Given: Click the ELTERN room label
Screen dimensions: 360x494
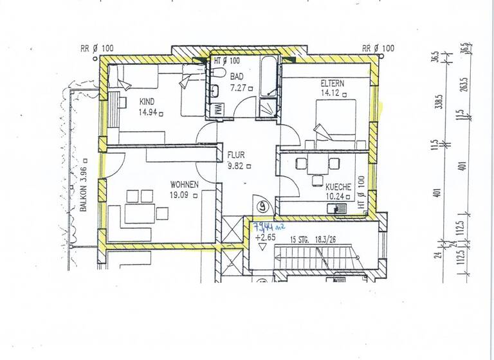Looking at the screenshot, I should [334, 84].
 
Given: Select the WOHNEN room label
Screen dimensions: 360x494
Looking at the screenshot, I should [184, 184].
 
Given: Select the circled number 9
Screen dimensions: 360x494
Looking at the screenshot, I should [263, 207].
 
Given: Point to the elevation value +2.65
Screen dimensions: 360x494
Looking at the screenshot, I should [264, 239].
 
